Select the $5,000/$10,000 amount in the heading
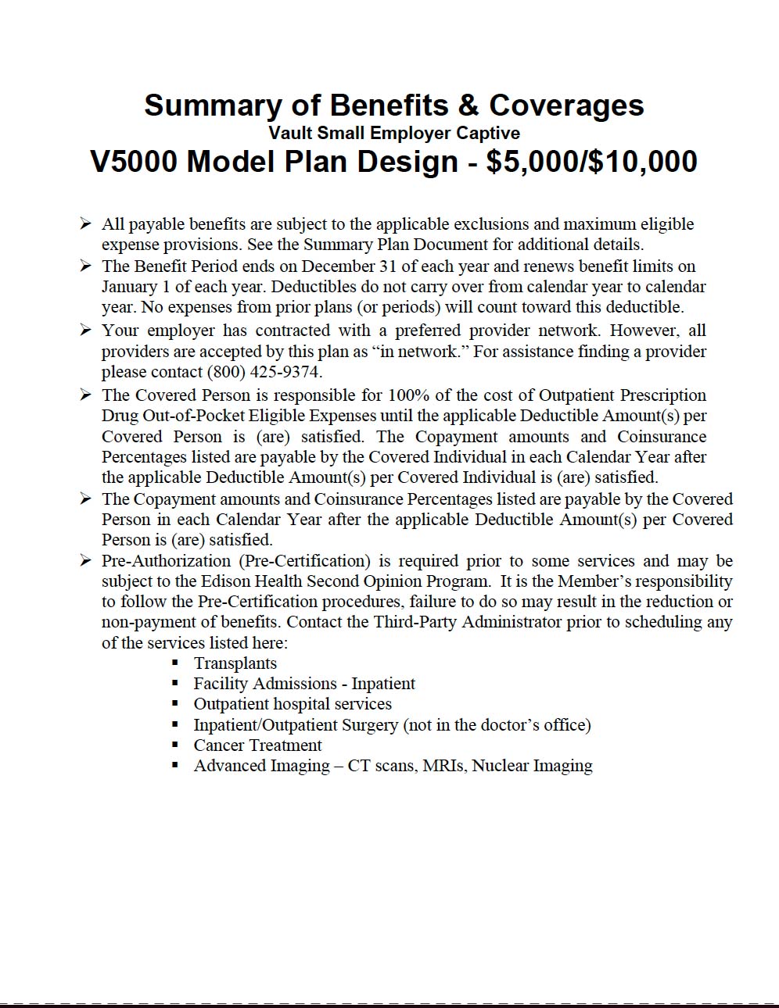591,162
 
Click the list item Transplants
235,663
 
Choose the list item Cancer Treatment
257,745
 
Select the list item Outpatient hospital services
293,703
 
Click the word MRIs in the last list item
443,765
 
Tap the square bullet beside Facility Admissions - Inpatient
176,683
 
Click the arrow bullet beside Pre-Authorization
85,560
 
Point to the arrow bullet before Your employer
85,330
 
